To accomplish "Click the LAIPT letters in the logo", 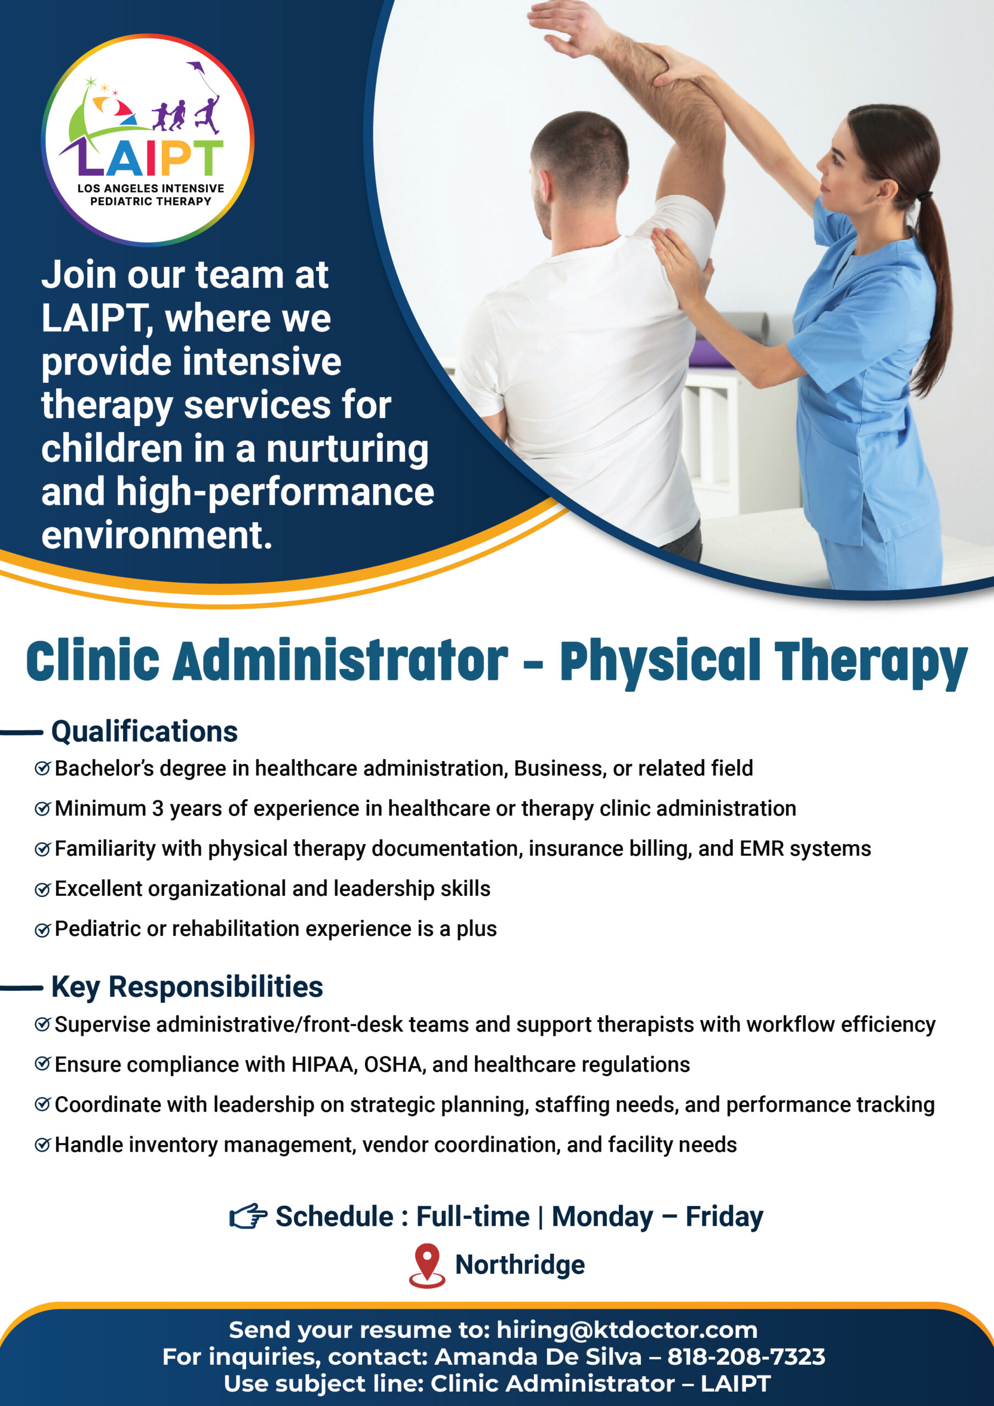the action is click(x=149, y=158).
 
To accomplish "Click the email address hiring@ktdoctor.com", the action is click(x=627, y=1330).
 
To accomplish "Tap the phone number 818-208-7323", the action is click(x=746, y=1357).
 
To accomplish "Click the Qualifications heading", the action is click(x=144, y=731).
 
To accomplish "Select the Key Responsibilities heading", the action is click(x=187, y=987).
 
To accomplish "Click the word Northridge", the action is click(x=520, y=1264).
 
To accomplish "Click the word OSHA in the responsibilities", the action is click(x=394, y=1065).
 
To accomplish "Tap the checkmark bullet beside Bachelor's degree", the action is click(x=42, y=768).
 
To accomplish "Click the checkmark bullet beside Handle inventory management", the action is click(x=42, y=1145).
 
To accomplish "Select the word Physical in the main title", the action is click(x=661, y=662).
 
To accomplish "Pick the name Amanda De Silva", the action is click(x=538, y=1357).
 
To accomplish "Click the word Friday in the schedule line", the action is click(x=724, y=1217).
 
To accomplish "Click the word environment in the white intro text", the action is click(x=157, y=534).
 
